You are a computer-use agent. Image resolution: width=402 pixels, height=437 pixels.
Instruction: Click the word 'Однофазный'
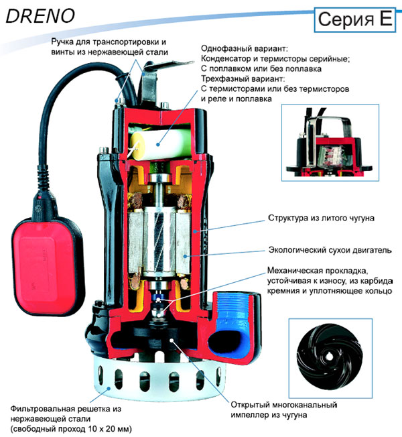coord(225,49)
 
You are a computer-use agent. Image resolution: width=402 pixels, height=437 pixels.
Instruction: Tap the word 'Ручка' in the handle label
coord(66,42)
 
